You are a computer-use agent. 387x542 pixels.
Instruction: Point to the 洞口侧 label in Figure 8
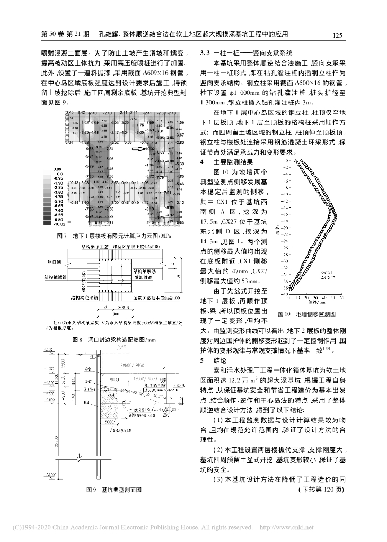pyautogui.click(x=52, y=262)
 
